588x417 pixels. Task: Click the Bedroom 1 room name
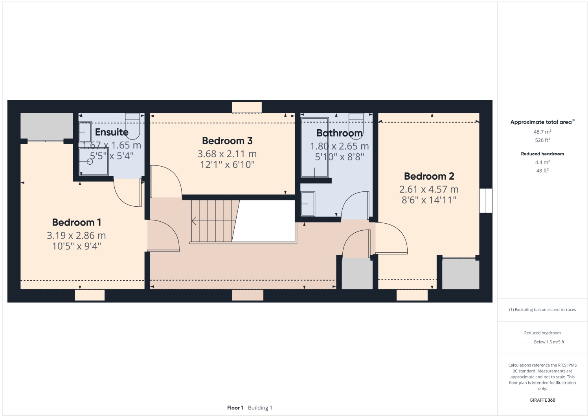(77, 222)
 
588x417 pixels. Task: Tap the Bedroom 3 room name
(227, 141)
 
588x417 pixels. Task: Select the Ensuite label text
(112, 132)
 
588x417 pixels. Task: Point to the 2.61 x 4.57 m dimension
(429, 189)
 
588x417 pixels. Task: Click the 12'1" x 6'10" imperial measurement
(227, 165)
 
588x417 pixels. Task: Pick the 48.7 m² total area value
(542, 132)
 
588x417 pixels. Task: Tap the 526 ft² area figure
(542, 140)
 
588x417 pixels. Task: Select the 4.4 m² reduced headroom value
(542, 162)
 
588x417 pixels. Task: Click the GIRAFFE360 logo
(542, 400)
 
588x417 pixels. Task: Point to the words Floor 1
(235, 408)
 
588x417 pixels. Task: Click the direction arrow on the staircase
(194, 221)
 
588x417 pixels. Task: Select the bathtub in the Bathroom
(314, 147)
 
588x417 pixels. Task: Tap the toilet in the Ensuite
(132, 126)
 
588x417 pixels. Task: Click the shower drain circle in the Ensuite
(90, 162)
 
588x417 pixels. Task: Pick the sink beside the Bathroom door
(307, 204)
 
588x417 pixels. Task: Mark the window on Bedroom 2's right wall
(486, 201)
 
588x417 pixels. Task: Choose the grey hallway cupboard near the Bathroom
(357, 274)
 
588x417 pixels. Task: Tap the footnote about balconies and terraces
(542, 310)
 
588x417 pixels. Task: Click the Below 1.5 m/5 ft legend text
(549, 342)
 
